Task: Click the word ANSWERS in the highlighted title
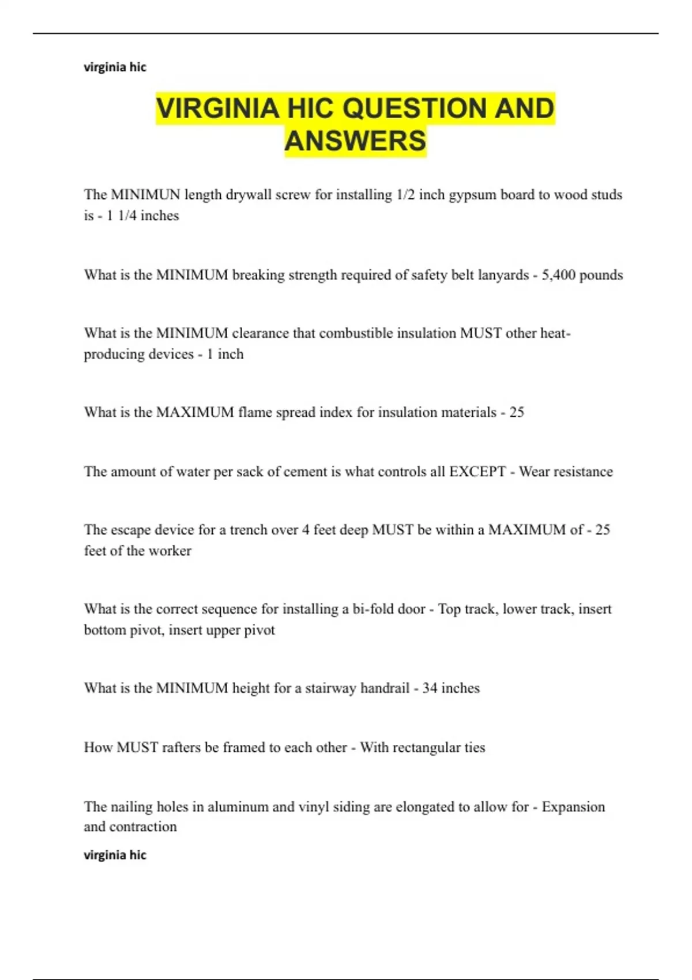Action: pyautogui.click(x=355, y=141)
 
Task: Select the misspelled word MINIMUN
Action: pyautogui.click(x=145, y=195)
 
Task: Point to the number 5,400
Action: pyautogui.click(x=558, y=275)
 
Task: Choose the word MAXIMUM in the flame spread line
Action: pyautogui.click(x=195, y=412)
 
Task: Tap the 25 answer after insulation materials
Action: pyautogui.click(x=517, y=412)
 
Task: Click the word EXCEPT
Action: pyautogui.click(x=477, y=472)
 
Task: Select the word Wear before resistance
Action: pyautogui.click(x=534, y=472)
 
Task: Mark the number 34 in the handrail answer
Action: pyautogui.click(x=430, y=688)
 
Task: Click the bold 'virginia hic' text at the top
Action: pyautogui.click(x=115, y=67)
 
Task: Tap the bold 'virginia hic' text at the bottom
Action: pyautogui.click(x=115, y=855)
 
